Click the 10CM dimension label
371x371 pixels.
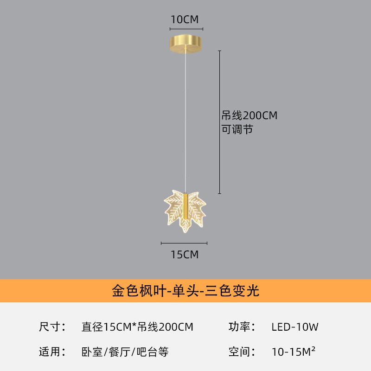click(185, 19)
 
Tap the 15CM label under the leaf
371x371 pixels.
click(185, 255)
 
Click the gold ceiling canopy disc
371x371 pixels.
click(186, 44)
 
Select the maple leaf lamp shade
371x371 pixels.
click(185, 211)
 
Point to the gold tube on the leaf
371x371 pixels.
click(186, 206)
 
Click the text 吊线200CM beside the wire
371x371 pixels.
click(249, 115)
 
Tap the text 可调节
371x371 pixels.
click(237, 129)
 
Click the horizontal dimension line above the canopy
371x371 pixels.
click(186, 29)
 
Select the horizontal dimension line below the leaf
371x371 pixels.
click(184, 243)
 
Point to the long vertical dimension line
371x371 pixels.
click(219, 122)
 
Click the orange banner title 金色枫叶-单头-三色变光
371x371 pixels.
click(185, 291)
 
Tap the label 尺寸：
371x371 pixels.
click(52, 327)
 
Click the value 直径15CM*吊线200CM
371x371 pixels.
click(137, 327)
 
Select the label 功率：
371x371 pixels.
click(242, 327)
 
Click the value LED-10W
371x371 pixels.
click(295, 327)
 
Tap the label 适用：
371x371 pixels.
click(52, 352)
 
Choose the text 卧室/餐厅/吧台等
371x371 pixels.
click(125, 352)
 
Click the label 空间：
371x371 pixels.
click(242, 352)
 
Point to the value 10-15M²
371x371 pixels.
click(294, 352)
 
